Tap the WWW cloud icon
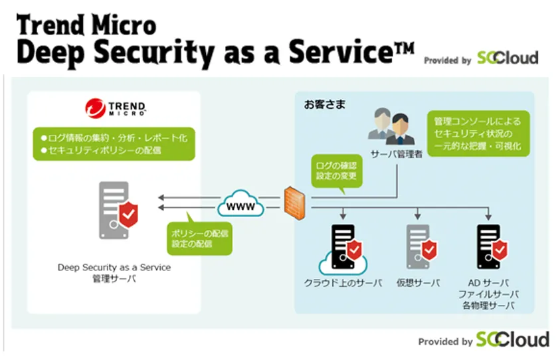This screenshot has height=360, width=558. [240, 204]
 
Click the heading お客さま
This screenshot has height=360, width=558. [321, 104]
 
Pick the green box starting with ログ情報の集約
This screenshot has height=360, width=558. [114, 143]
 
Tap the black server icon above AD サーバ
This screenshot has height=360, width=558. [490, 246]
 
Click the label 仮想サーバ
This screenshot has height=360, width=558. [418, 284]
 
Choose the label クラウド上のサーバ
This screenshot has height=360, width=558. [343, 284]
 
